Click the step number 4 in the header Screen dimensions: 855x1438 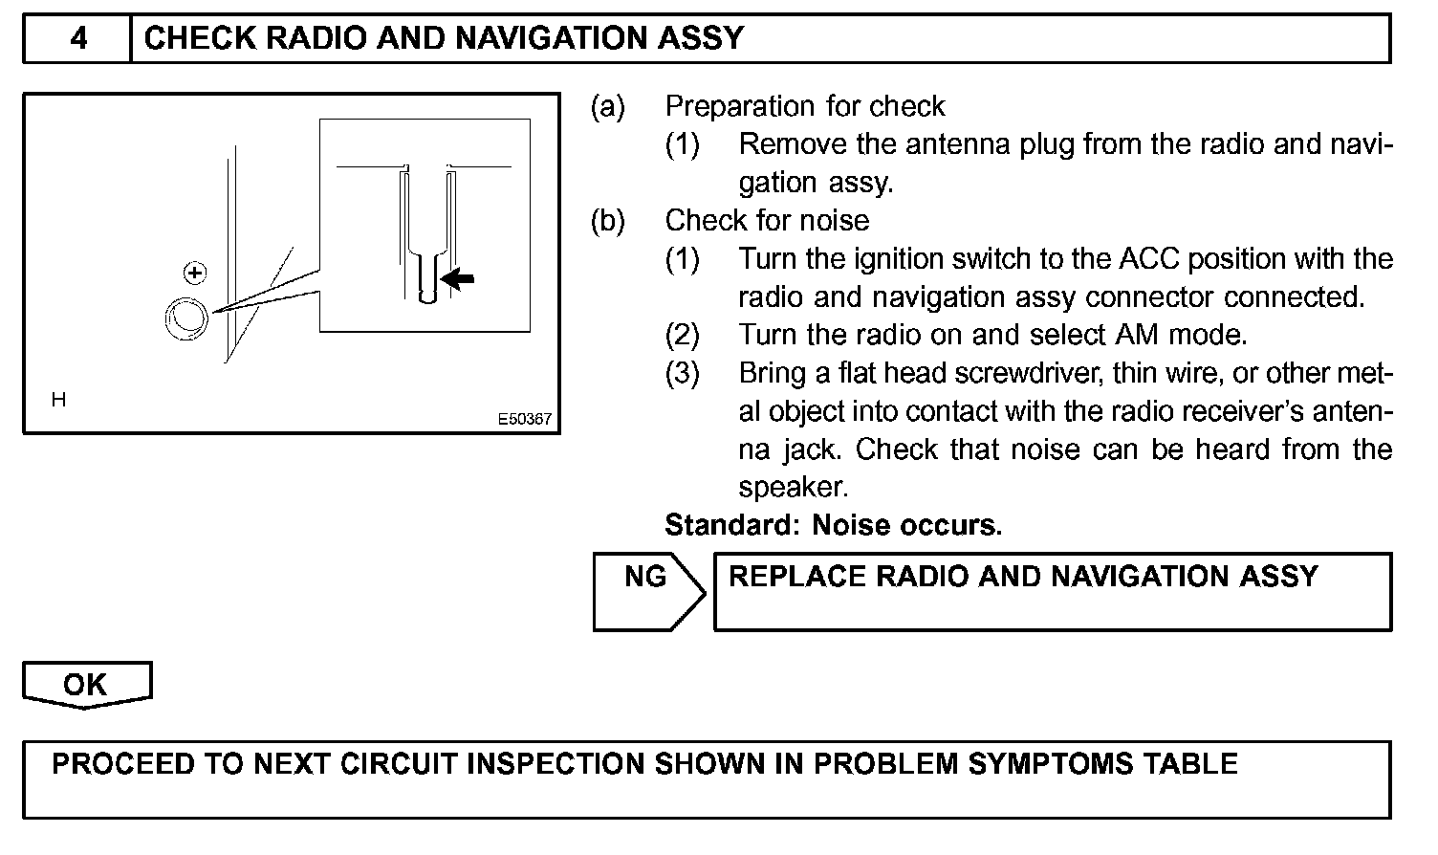point(78,38)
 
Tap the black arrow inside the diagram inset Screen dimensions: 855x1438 point(457,278)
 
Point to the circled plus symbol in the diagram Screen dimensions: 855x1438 point(195,274)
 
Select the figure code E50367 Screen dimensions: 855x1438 point(524,419)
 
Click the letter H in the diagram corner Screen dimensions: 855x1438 point(58,400)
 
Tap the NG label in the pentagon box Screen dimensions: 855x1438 point(644,577)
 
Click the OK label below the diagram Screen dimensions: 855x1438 point(85,685)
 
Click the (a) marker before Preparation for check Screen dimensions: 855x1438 point(607,106)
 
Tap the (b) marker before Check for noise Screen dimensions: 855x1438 point(607,221)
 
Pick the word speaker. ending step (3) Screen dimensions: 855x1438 point(794,488)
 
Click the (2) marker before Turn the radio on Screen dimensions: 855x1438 point(683,336)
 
